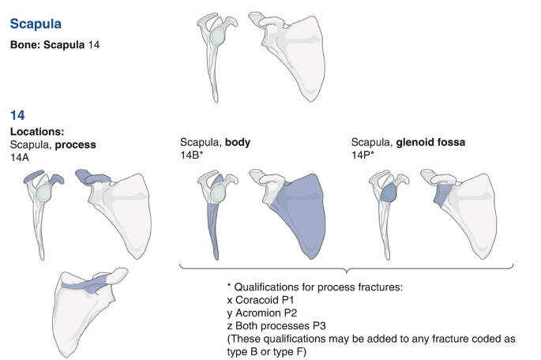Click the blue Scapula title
tap(36, 24)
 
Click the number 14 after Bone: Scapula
tap(93, 45)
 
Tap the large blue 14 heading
tap(17, 115)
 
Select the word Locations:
tap(37, 131)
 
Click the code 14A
tap(19, 157)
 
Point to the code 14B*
tap(191, 156)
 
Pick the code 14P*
tap(363, 156)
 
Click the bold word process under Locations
tap(76, 144)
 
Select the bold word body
tap(238, 142)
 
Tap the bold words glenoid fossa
tap(430, 142)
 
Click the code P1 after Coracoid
tap(287, 300)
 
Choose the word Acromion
tap(257, 313)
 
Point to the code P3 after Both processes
tap(319, 326)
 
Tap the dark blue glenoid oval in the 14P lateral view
tap(389, 193)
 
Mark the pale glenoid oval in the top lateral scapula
tap(218, 36)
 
